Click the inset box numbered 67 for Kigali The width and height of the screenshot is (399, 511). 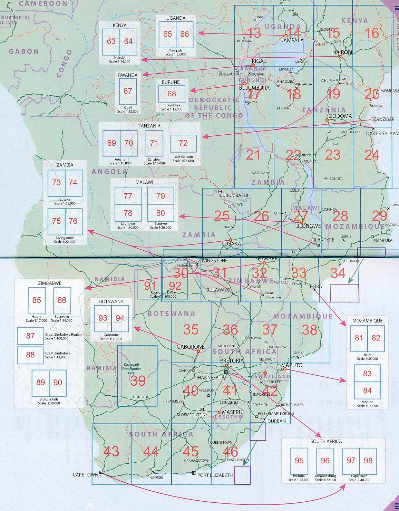coord(128,91)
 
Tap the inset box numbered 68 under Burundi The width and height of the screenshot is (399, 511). coord(172,94)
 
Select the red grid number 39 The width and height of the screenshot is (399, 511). coord(138,381)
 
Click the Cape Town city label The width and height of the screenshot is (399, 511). coord(85,475)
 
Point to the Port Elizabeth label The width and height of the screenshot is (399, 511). coord(215,475)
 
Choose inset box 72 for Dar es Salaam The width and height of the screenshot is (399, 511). coord(183,143)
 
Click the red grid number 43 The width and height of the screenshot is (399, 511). coord(111,451)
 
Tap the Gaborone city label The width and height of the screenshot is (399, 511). coord(191,347)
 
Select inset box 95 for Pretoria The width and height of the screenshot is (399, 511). coord(299,461)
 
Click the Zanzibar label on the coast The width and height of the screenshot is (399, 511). coord(384,119)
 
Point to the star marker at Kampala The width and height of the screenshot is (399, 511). coord(286,36)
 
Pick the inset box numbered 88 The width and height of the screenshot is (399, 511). coord(30,355)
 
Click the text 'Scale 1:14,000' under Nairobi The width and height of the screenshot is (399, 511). coord(120,62)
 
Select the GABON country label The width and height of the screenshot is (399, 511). coord(24,51)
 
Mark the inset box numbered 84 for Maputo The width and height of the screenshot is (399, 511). coord(367,391)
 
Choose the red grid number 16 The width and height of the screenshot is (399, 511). coord(372,33)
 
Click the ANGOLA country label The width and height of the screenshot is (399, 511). coord(110,171)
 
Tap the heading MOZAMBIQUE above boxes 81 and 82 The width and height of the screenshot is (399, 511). coord(367,321)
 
